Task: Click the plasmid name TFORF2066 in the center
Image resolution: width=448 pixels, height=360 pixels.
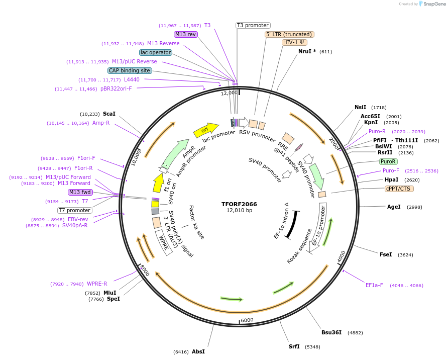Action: (x=239, y=204)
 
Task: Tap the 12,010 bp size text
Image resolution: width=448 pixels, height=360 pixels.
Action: (x=239, y=211)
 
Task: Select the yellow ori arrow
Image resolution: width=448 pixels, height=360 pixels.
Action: (x=206, y=131)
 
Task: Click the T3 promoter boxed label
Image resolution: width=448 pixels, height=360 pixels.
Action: (x=253, y=25)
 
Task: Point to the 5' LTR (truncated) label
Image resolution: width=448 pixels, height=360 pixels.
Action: (x=289, y=34)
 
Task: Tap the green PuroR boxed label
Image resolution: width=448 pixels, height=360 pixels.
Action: (x=388, y=162)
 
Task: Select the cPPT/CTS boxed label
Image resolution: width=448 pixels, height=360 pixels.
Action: (x=398, y=189)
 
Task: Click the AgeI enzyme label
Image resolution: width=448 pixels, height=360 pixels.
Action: (x=394, y=207)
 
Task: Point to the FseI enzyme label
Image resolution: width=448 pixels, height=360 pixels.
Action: (x=386, y=255)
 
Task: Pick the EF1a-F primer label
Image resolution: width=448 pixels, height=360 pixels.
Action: (x=375, y=285)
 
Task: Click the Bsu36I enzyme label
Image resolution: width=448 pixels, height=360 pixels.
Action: (x=331, y=332)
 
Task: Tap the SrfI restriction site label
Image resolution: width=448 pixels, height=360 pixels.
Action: (x=294, y=346)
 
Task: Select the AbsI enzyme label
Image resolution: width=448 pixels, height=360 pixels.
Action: (x=198, y=351)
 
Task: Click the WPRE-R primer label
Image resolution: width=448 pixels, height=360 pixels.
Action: (x=97, y=284)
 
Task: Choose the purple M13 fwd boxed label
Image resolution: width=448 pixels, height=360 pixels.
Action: (x=81, y=192)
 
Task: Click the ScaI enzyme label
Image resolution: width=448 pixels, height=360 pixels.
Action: (x=109, y=114)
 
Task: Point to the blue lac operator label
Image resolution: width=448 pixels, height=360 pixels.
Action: (x=156, y=52)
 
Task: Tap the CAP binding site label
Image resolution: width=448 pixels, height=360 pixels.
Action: (x=130, y=70)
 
